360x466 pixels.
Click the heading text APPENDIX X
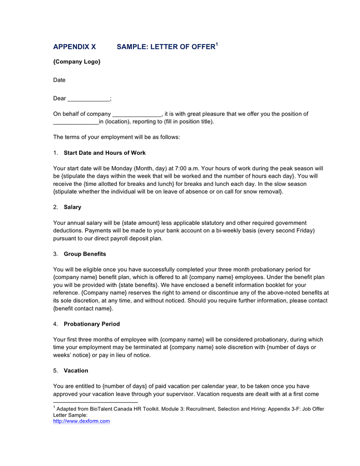click(x=74, y=47)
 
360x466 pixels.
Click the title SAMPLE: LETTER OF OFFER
click(x=166, y=47)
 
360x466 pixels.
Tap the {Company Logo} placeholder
click(x=77, y=62)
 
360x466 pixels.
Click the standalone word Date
click(x=59, y=80)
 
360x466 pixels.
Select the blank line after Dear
click(x=89, y=99)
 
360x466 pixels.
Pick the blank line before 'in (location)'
click(x=76, y=122)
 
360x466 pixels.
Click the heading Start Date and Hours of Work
click(x=104, y=153)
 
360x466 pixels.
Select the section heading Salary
click(x=72, y=207)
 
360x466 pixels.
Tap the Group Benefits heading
click(x=85, y=254)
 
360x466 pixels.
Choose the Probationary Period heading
click(x=92, y=324)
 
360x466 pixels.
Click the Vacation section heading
click(x=76, y=371)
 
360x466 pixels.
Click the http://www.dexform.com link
click(x=82, y=421)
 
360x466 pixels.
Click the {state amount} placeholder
click(x=141, y=223)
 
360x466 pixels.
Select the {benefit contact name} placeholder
click(x=83, y=309)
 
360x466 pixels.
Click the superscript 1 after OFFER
click(x=217, y=44)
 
